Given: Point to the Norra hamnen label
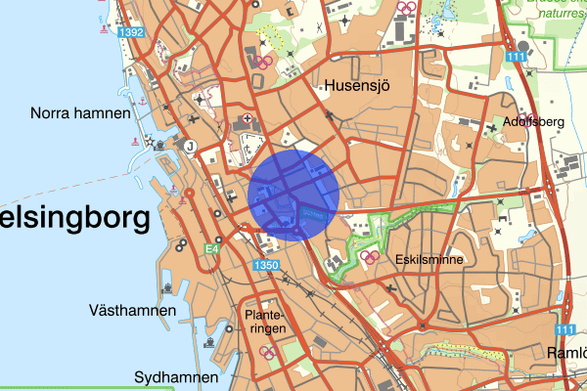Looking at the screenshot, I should pyautogui.click(x=80, y=113).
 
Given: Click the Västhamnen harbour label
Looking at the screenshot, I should pyautogui.click(x=131, y=311).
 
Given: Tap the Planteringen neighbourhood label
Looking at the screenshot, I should pyautogui.click(x=266, y=322).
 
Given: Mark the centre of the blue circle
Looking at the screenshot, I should pyautogui.click(x=293, y=195).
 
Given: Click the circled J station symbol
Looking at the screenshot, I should pyautogui.click(x=190, y=147).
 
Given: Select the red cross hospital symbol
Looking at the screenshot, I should pyautogui.click(x=247, y=121).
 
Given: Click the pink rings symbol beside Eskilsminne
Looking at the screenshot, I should pyautogui.click(x=371, y=258).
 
